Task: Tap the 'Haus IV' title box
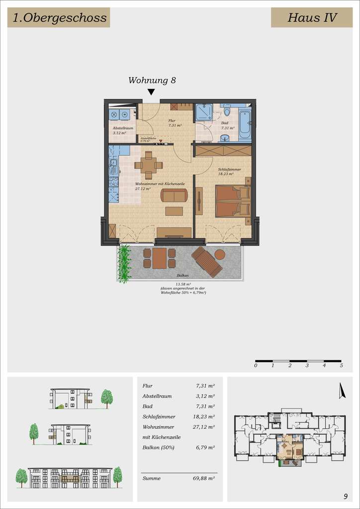[x=312, y=18]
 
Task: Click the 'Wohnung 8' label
[x=152, y=80]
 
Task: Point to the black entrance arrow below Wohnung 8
[x=151, y=92]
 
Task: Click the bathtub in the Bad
[x=245, y=125]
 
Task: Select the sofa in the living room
[x=174, y=195]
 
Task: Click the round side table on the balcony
[x=219, y=254]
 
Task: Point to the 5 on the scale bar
[x=341, y=365]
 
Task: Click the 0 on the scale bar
[x=256, y=365]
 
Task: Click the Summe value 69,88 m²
[x=205, y=478]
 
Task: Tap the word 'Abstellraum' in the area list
[x=157, y=396]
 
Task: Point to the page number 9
[x=345, y=496]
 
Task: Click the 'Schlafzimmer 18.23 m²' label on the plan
[x=229, y=172]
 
